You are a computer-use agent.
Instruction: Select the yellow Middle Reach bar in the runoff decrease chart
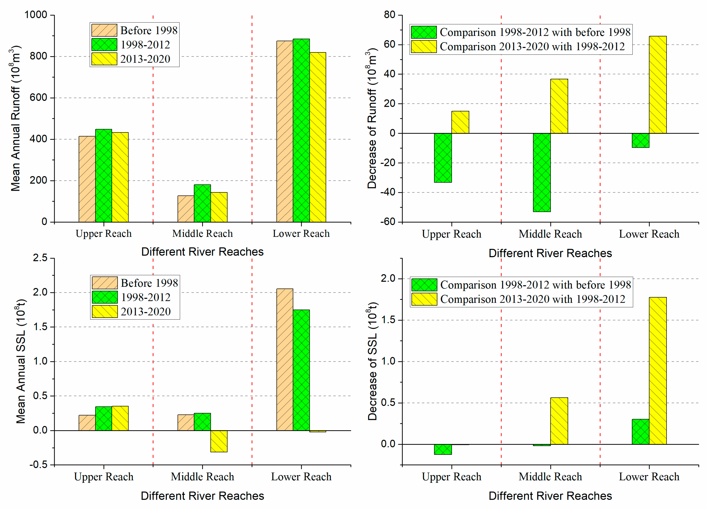pyautogui.click(x=559, y=106)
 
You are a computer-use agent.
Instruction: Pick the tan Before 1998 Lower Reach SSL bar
pyautogui.click(x=285, y=360)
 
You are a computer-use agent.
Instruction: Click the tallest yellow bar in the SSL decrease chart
pyautogui.click(x=658, y=371)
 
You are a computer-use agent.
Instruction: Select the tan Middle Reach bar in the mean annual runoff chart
pyautogui.click(x=186, y=209)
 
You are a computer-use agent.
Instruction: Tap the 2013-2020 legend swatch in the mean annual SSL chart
pyautogui.click(x=105, y=311)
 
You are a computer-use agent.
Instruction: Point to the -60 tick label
pyautogui.click(x=388, y=222)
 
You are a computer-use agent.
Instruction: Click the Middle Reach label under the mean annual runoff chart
pyautogui.click(x=202, y=233)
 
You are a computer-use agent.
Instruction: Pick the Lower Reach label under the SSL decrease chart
pyautogui.click(x=649, y=477)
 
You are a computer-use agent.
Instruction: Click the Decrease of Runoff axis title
pyautogui.click(x=372, y=118)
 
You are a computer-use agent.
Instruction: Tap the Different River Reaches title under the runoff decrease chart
pyautogui.click(x=550, y=253)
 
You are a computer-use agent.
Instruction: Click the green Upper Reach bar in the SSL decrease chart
pyautogui.click(x=443, y=449)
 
